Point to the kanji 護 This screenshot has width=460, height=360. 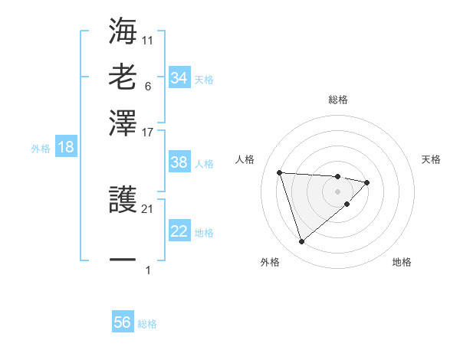[123, 201]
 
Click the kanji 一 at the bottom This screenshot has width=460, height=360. [123, 260]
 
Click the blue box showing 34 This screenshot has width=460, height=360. [179, 78]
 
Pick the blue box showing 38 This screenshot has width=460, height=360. [179, 163]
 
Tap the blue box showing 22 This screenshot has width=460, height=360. [179, 232]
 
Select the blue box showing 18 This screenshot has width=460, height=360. [65, 148]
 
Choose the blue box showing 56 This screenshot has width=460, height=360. [123, 322]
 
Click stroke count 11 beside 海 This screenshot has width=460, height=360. [148, 38]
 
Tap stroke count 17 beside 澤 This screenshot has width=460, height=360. [148, 131]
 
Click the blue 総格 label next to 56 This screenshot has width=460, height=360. [147, 324]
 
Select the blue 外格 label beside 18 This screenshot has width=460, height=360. [41, 149]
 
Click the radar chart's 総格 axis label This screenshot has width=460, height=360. [338, 100]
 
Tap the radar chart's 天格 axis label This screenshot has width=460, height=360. [431, 159]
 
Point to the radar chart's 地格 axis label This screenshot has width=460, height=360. [402, 262]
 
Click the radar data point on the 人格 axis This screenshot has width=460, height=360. [280, 172]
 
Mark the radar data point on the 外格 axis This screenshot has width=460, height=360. [302, 242]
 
